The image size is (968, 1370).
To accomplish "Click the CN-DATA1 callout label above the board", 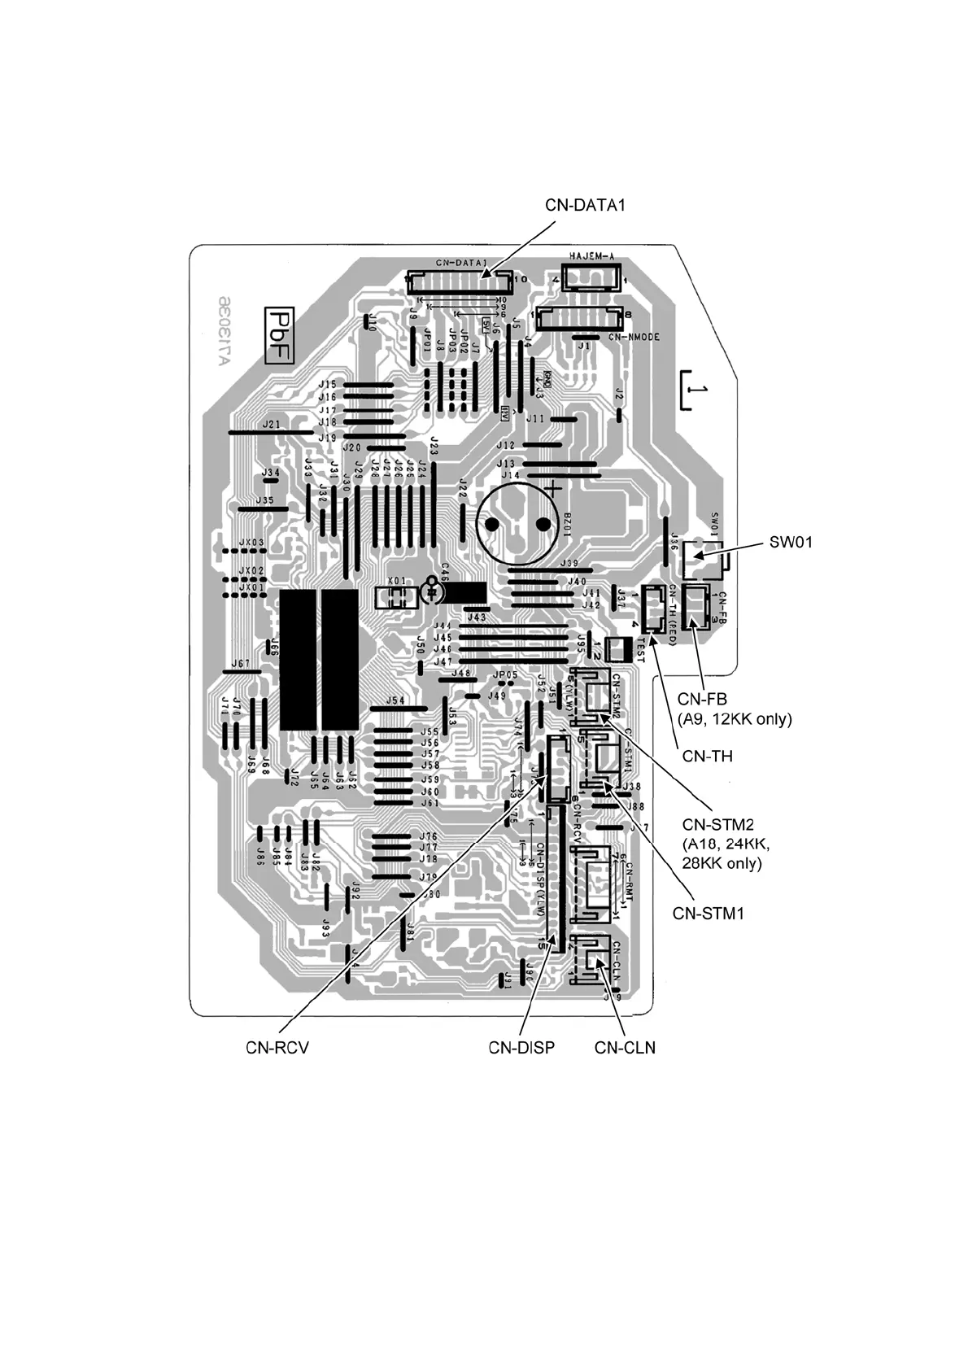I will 585,205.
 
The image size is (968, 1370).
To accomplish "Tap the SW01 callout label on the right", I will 790,541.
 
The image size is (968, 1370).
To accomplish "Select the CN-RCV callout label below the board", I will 277,1048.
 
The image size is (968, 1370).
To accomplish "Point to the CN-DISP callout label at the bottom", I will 521,1048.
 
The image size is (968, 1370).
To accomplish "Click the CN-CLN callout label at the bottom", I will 625,1048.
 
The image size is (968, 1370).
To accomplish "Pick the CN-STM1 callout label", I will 708,913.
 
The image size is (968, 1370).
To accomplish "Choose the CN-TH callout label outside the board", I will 707,756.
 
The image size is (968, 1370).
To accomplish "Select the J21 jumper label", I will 272,425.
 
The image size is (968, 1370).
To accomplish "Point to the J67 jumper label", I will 240,664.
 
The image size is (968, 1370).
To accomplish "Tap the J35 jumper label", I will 264,500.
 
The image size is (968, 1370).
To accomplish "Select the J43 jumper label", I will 476,618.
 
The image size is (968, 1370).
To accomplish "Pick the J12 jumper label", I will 506,446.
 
